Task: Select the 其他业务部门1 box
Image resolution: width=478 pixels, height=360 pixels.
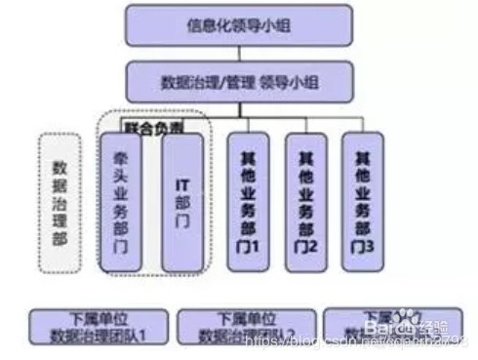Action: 249,200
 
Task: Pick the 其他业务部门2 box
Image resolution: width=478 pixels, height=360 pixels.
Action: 306,200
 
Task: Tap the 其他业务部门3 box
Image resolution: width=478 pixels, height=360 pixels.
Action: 364,200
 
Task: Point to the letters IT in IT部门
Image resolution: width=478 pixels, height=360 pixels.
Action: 180,183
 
